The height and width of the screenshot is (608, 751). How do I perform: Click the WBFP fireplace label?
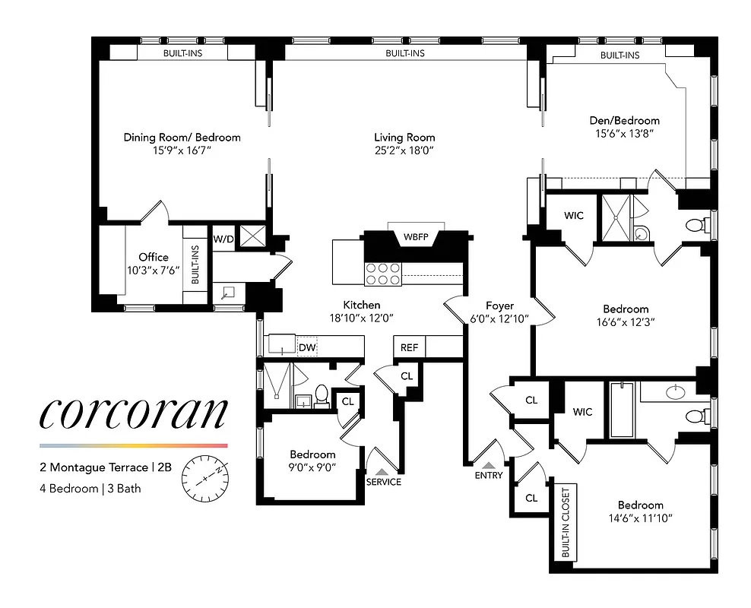point(416,237)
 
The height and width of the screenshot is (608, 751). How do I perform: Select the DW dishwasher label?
point(306,347)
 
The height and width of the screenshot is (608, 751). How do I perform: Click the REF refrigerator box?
point(409,347)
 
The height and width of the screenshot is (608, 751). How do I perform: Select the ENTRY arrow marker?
point(489,465)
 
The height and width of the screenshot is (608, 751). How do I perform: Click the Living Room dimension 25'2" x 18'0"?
point(404,151)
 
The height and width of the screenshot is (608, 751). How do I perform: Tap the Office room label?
point(154,257)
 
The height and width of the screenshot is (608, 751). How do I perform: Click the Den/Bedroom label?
point(625,120)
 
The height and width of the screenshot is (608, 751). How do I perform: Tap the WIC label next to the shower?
point(574,216)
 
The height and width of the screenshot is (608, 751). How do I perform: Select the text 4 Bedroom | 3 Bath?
point(90,489)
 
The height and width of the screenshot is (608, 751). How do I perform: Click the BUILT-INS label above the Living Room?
point(404,53)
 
